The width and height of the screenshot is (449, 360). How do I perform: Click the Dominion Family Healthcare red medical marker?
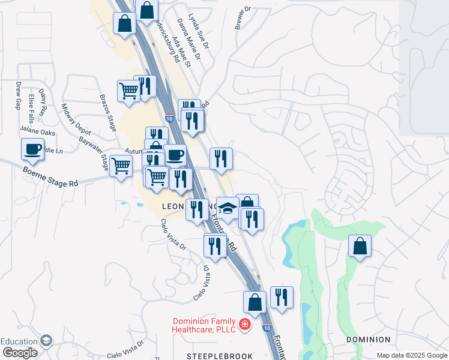(x=245, y=325)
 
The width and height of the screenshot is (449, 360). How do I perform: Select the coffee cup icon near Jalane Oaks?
(x=33, y=149)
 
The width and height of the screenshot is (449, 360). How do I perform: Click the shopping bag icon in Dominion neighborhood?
(x=360, y=246)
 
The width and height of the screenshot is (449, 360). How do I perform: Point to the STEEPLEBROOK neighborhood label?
(x=220, y=356)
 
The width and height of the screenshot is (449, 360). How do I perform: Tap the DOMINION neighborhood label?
(x=368, y=340)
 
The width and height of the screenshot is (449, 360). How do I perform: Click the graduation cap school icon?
(x=228, y=208)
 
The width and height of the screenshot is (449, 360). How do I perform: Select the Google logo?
(x=19, y=353)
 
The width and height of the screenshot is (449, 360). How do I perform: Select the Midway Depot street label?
(x=76, y=119)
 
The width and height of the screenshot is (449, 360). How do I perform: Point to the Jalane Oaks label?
(x=37, y=131)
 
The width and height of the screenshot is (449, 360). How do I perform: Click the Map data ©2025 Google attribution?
(x=412, y=355)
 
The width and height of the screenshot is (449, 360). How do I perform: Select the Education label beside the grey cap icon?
(x=19, y=341)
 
